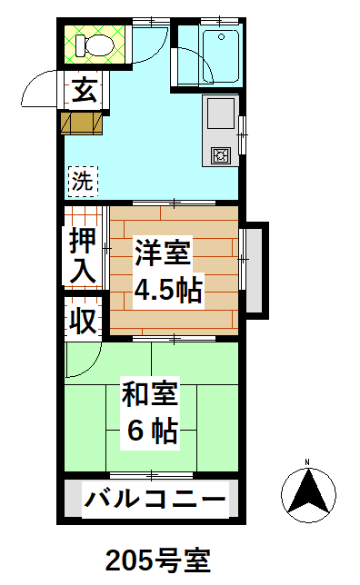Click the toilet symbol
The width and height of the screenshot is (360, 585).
click(95, 45)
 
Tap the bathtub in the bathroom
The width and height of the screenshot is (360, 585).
click(221, 55)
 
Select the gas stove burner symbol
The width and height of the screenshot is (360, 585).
click(221, 155)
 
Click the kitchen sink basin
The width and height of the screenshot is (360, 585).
click(221, 114)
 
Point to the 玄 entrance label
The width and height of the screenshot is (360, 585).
click(85, 90)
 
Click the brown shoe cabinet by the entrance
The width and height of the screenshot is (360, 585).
click(82, 124)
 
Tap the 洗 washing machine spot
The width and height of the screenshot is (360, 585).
click(83, 182)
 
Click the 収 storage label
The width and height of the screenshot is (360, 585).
click(84, 320)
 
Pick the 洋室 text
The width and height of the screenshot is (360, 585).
click(163, 253)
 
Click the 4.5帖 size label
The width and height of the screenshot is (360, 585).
click(168, 290)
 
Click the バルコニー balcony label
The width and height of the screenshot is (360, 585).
click(155, 500)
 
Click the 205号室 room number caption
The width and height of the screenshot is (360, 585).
click(158, 560)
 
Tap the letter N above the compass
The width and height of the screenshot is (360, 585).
click(307, 462)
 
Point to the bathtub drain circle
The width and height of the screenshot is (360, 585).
click(222, 37)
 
